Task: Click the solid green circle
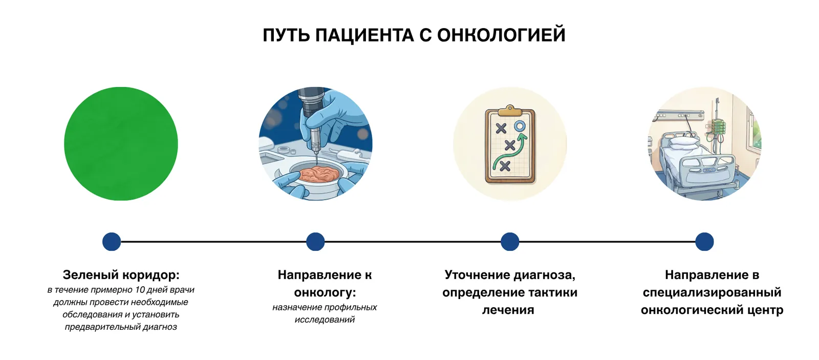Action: click(121, 143)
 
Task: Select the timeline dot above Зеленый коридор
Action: click(112, 242)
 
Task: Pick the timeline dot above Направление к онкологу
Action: click(315, 242)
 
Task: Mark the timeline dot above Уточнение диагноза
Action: click(510, 242)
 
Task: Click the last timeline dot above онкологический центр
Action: click(704, 242)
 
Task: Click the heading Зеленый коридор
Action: click(121, 275)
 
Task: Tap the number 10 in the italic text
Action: click(140, 290)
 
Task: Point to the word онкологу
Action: click(325, 292)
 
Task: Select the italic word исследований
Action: click(325, 320)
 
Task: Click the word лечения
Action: click(508, 310)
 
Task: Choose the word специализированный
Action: click(712, 292)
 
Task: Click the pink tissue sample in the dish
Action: click(317, 174)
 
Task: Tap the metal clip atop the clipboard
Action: click(509, 110)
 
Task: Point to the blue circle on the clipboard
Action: click(520, 126)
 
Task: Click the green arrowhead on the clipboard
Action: click(522, 137)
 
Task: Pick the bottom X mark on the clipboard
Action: click(505, 165)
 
